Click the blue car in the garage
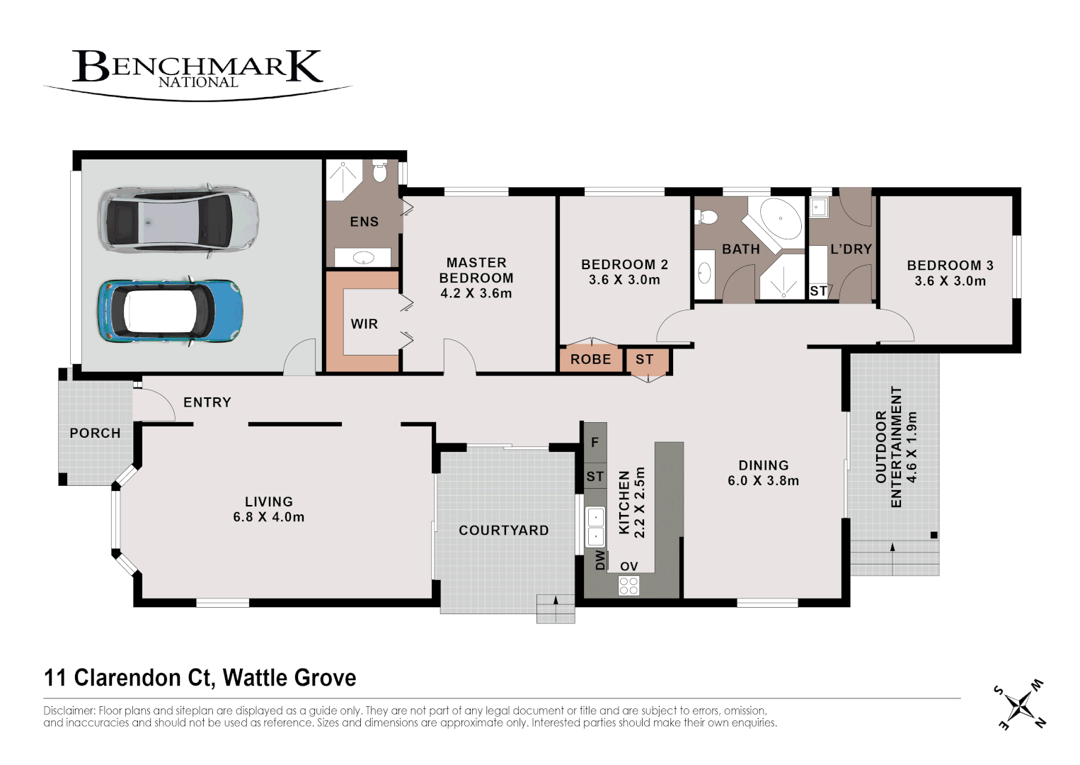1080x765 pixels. click(x=171, y=311)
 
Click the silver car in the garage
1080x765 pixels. click(x=178, y=220)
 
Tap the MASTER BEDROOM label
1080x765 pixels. click(x=476, y=270)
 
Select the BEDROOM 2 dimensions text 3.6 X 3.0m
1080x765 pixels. click(x=624, y=280)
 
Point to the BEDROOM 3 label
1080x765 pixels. click(x=950, y=265)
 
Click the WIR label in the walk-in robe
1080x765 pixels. click(x=364, y=324)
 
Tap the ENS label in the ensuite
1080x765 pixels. click(x=364, y=222)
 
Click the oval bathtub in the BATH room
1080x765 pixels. click(x=781, y=219)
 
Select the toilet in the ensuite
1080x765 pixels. click(x=380, y=171)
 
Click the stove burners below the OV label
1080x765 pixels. click(x=628, y=586)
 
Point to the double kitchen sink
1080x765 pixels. click(x=595, y=526)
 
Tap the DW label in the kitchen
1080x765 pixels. click(x=600, y=560)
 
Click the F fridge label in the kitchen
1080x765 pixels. click(x=594, y=442)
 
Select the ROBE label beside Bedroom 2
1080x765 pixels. click(x=590, y=359)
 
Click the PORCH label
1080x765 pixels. click(x=95, y=433)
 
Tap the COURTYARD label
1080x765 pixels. click(x=503, y=530)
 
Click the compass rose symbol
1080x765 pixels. click(x=1020, y=705)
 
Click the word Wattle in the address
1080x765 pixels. click(x=254, y=678)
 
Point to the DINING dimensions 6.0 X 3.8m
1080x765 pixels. click(x=763, y=481)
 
